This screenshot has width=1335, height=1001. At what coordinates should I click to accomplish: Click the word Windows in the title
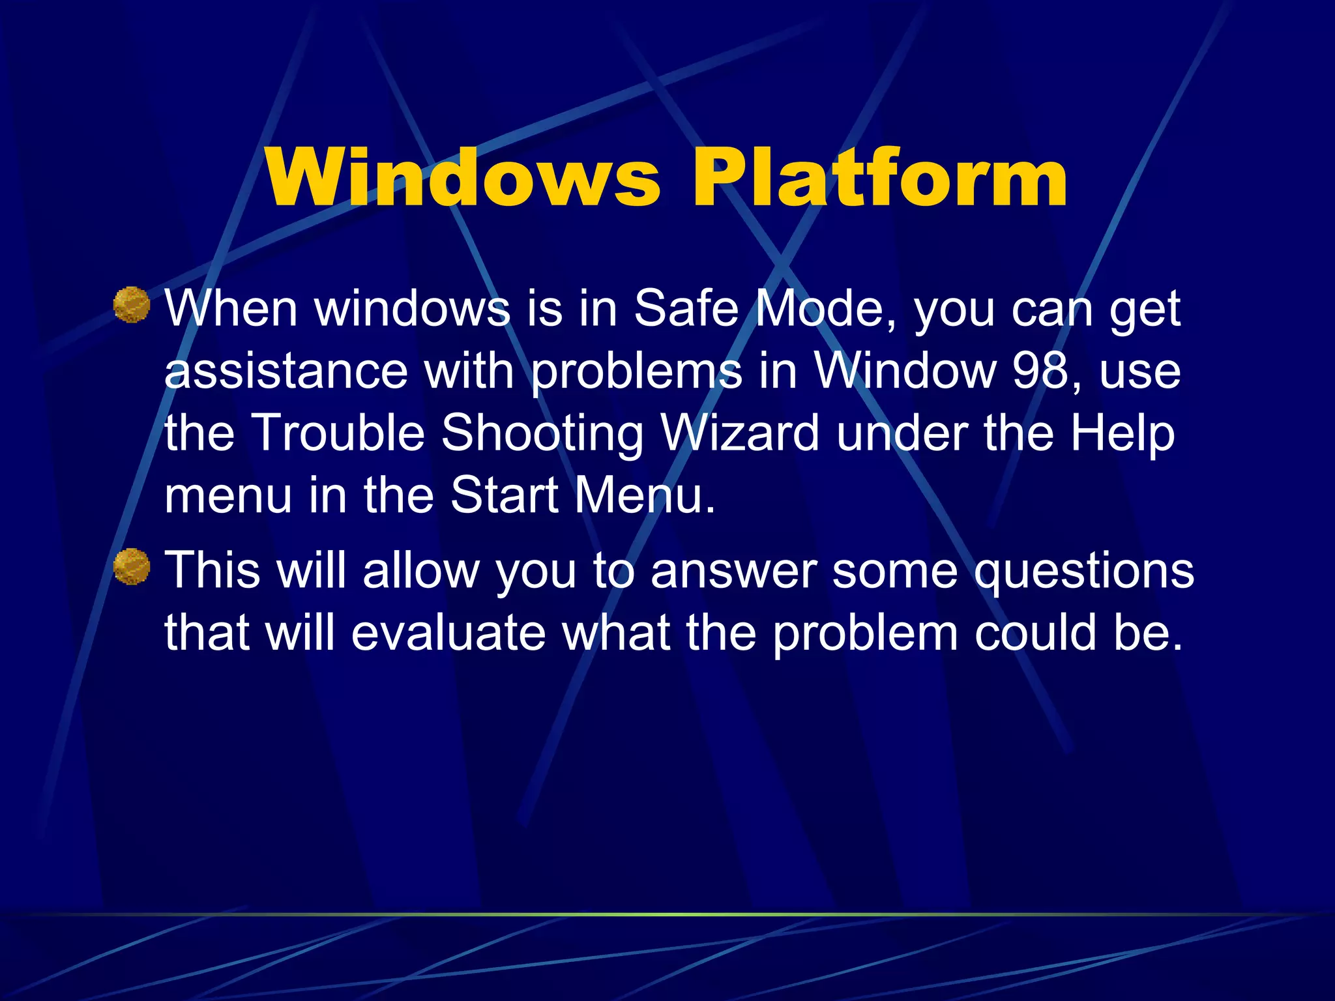tap(463, 177)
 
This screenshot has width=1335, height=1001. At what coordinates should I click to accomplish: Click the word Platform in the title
tap(879, 177)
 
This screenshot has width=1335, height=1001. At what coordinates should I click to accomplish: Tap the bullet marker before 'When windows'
tap(132, 305)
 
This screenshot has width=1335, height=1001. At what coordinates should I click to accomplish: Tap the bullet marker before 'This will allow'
tap(132, 566)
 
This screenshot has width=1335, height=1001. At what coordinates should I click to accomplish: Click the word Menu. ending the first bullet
tap(645, 495)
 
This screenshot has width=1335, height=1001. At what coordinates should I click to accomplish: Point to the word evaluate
tap(448, 633)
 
